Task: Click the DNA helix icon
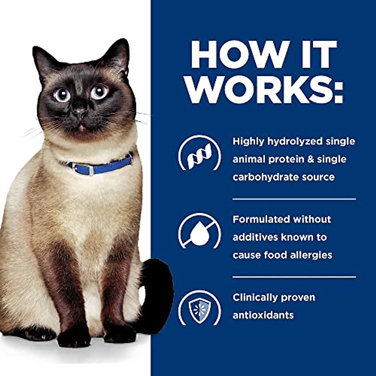coord(199,155)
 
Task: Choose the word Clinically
coord(255,297)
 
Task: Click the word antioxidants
coord(263,315)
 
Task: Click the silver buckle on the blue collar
coord(91,170)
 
